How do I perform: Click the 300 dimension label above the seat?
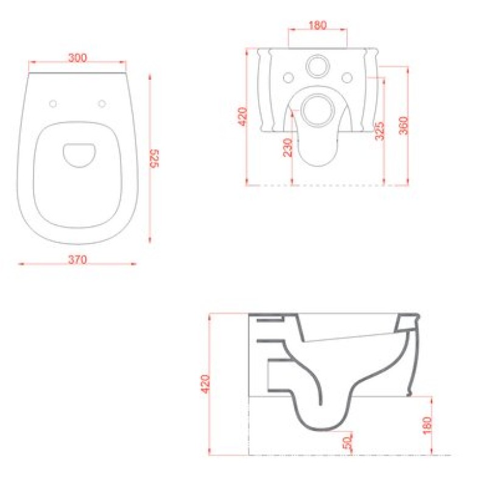click(x=78, y=57)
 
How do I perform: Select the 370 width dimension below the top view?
click(x=78, y=259)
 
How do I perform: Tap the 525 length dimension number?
click(x=155, y=158)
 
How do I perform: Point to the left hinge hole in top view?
click(x=53, y=103)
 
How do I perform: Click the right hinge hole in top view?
click(x=102, y=103)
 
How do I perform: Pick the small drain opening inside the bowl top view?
click(x=79, y=155)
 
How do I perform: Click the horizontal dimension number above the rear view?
click(x=318, y=25)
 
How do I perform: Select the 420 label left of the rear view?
click(x=242, y=116)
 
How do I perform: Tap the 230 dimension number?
click(x=288, y=147)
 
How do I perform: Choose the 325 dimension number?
click(x=379, y=131)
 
